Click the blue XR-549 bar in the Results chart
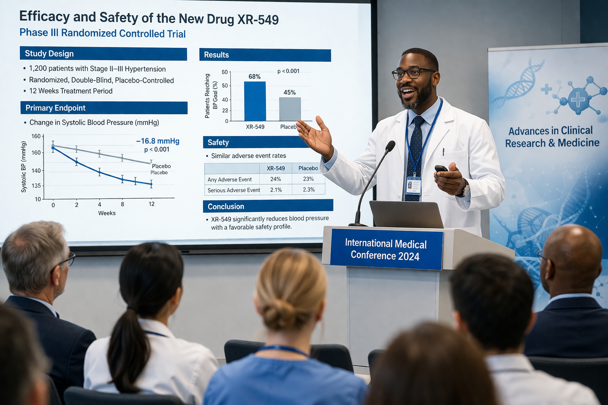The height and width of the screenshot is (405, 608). click(255, 101)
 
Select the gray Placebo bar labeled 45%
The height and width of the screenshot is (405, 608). click(290, 109)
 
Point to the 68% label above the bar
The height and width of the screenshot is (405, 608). click(255, 76)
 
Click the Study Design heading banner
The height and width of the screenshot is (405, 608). click(103, 54)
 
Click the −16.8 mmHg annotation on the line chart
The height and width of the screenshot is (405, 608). click(158, 141)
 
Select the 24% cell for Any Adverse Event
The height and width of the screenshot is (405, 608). click(275, 179)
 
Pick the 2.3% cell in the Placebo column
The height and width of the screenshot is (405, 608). click(309, 189)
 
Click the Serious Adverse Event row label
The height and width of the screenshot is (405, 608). click(234, 190)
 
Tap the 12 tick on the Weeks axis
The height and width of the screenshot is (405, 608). click(152, 204)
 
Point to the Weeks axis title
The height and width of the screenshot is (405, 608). click(106, 213)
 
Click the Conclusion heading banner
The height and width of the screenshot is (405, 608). click(268, 206)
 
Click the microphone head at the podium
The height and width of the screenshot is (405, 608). click(390, 146)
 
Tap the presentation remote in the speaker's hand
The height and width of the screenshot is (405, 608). click(441, 168)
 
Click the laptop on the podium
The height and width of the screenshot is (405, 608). click(407, 214)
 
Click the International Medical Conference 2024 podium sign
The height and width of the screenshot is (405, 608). click(386, 250)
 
